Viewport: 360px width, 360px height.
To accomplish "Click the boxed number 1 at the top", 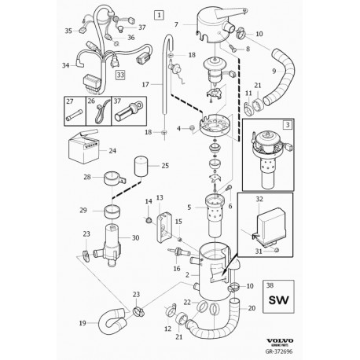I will pos(160,14).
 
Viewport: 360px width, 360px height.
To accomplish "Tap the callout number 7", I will pos(176,24).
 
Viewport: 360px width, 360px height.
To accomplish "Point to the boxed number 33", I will pos(120,75).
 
